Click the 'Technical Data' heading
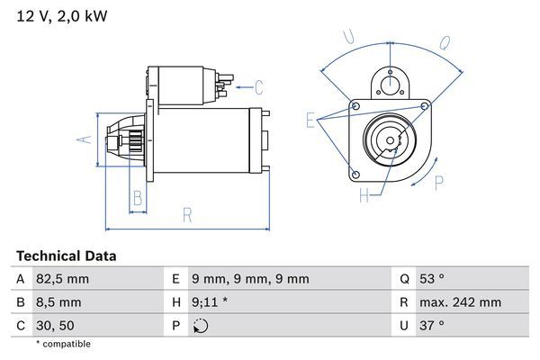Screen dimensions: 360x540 pyautogui.click(x=66, y=256)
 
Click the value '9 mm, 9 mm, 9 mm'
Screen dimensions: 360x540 pyautogui.click(x=251, y=279)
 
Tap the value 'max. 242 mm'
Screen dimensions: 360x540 pyautogui.click(x=463, y=302)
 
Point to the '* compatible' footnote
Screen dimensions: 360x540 pyautogui.click(x=63, y=344)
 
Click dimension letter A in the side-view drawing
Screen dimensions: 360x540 pyautogui.click(x=83, y=139)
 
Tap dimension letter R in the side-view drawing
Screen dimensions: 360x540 pyautogui.click(x=187, y=215)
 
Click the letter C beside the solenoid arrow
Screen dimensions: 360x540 pyautogui.click(x=258, y=87)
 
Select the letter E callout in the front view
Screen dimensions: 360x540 pyautogui.click(x=310, y=120)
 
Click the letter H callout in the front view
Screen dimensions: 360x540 pyautogui.click(x=364, y=194)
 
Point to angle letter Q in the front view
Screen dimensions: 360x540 pyautogui.click(x=445, y=41)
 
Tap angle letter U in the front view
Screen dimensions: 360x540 pyautogui.click(x=348, y=37)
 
